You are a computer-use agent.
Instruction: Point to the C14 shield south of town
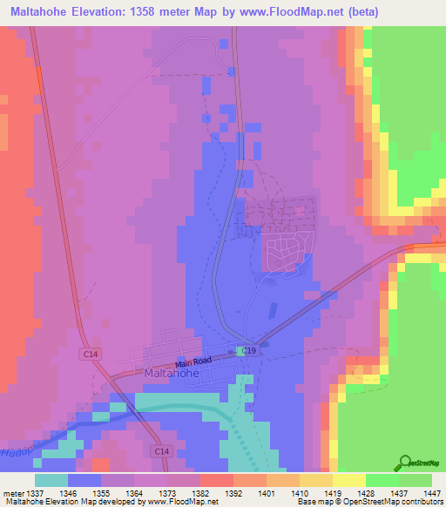[162, 450]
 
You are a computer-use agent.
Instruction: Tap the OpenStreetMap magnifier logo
[406, 463]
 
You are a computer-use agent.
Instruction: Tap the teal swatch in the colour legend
[51, 479]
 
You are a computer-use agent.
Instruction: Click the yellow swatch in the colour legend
[348, 479]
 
